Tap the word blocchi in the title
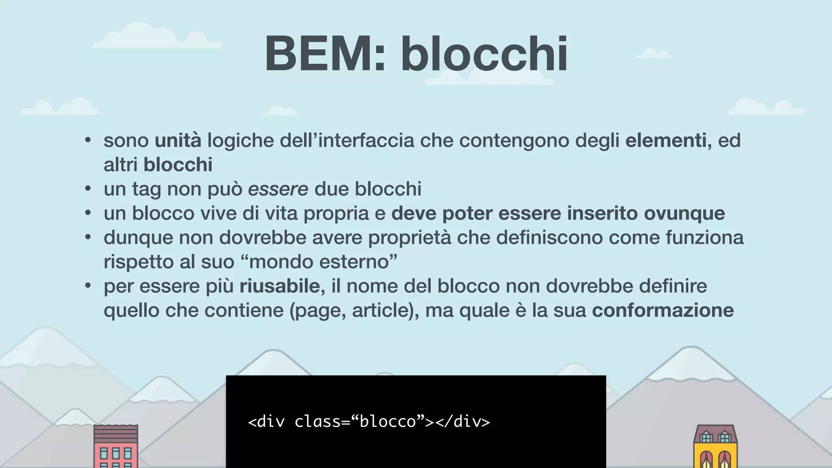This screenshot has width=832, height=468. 484,54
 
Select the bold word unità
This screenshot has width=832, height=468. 178,141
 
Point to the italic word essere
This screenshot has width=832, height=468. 278,189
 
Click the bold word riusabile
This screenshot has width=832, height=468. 282,286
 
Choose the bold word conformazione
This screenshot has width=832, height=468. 663,311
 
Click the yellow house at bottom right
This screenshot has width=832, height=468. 715,447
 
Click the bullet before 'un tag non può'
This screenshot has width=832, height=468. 88,189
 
